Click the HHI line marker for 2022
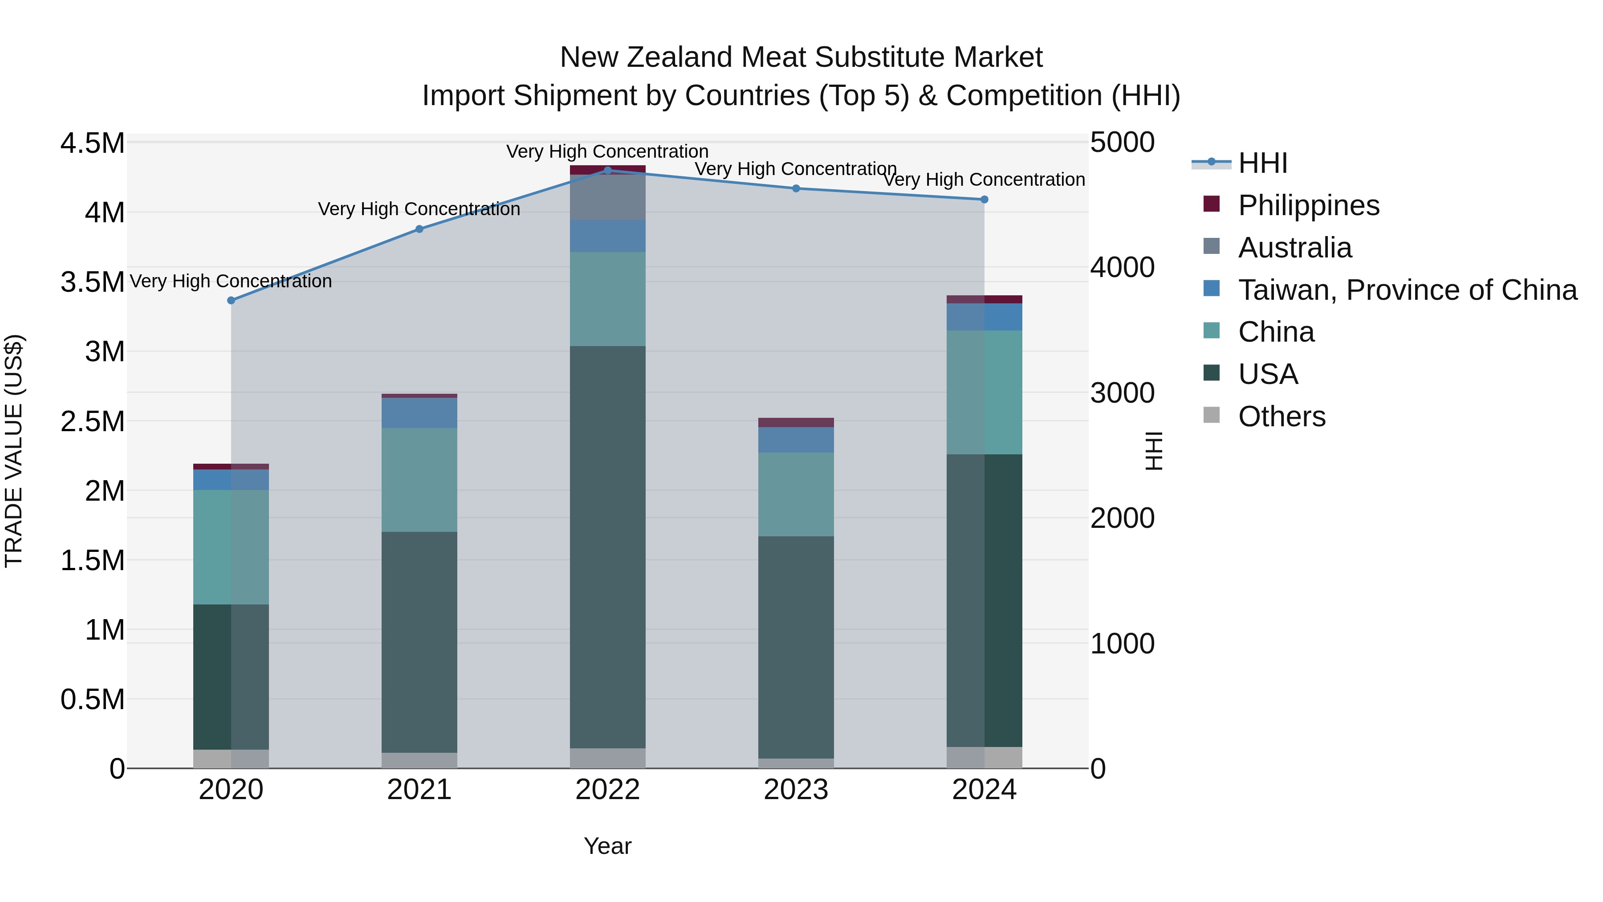coord(607,170)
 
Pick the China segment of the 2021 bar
coord(419,479)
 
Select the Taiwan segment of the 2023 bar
coord(795,440)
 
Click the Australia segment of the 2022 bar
coord(607,197)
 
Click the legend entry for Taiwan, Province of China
coord(1406,290)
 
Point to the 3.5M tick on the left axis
coord(92,282)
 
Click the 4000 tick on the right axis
coord(1122,268)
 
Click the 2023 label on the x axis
coord(795,790)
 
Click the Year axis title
coord(607,846)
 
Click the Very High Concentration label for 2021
coord(419,209)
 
